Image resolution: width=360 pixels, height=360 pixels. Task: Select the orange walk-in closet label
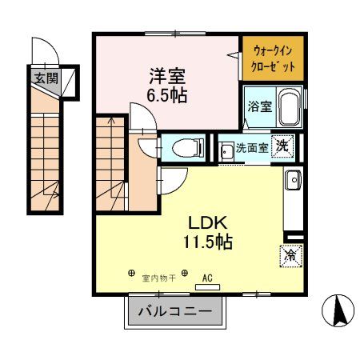(x=273, y=58)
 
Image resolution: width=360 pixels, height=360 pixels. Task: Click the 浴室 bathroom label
(x=258, y=106)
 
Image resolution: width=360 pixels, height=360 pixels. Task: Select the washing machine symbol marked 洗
(x=282, y=146)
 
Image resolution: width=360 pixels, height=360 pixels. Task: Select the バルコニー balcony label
(x=173, y=311)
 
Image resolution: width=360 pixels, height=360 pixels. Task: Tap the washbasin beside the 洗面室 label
(x=227, y=149)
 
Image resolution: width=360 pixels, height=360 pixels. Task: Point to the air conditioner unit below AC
(x=208, y=286)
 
